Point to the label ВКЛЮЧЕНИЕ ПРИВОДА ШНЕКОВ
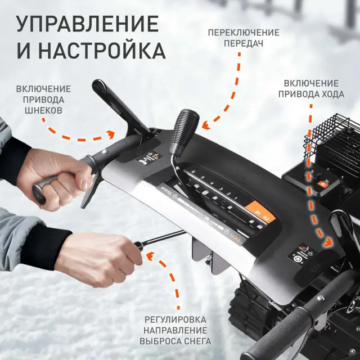coord(43,98)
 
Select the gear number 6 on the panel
coord(193,171)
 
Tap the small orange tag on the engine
coord(330,183)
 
